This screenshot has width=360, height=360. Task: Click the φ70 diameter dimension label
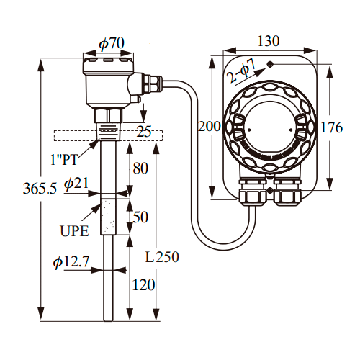(112, 43)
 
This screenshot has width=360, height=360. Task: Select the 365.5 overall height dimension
(40, 189)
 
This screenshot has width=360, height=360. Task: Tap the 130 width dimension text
(269, 41)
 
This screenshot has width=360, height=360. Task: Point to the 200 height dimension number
(210, 126)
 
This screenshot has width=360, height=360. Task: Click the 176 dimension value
(331, 127)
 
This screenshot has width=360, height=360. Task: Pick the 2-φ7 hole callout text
(241, 71)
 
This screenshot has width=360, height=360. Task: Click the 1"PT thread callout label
(64, 159)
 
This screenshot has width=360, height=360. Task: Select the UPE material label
(74, 231)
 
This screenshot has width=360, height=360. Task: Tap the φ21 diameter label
(76, 184)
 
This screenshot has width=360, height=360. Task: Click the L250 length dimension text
(162, 257)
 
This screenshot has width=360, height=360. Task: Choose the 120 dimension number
(143, 285)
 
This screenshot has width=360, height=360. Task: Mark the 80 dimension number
(140, 168)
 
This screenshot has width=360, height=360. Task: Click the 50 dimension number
(140, 217)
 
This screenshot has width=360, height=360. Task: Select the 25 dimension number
(144, 132)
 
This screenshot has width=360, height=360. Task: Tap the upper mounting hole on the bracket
(271, 64)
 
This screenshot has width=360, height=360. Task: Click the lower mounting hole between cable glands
(270, 191)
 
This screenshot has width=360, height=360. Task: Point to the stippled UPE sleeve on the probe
(108, 217)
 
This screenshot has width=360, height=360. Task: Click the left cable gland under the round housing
(253, 192)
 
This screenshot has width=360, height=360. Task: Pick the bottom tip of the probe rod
(108, 321)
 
